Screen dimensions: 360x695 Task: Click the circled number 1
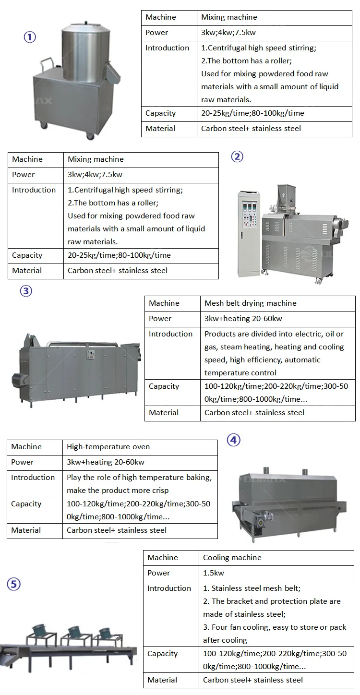30,37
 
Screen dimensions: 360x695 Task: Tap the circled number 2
238,156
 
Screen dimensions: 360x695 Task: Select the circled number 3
26,291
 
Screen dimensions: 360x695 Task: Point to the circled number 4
233,440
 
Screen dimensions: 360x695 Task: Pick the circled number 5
13,585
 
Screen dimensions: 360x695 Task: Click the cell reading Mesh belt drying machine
250,303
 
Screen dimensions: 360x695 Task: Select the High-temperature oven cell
108,447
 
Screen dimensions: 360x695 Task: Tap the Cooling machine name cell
232,558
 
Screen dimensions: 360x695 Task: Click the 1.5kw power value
214,573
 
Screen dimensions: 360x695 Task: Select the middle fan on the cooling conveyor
74,630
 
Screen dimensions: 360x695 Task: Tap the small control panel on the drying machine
89,355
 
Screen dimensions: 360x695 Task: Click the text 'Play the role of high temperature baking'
139,478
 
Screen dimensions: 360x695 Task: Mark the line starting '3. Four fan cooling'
275,627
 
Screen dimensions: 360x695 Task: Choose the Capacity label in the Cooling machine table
162,654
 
